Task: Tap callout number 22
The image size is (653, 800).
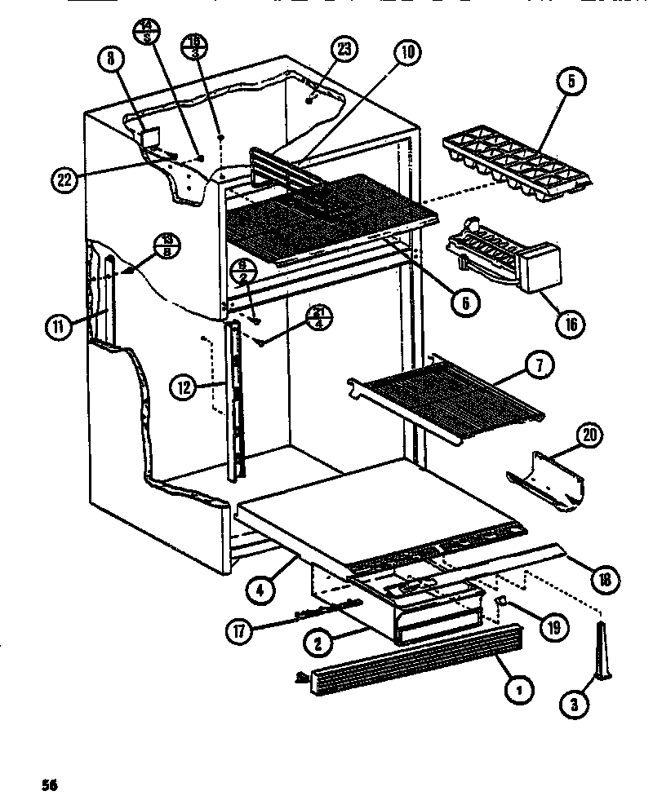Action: point(63,181)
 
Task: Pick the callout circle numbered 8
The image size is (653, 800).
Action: point(112,59)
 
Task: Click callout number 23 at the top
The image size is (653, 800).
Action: point(345,49)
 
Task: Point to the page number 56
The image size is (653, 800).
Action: point(51,785)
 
